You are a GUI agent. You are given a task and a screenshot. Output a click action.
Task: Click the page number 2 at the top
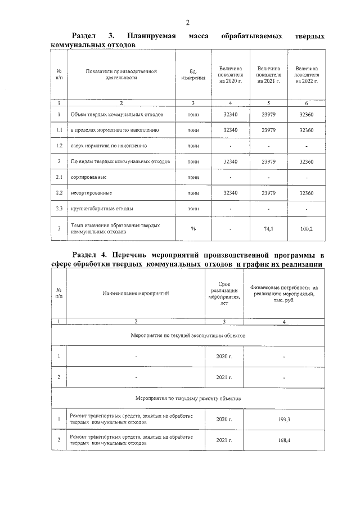[188, 22]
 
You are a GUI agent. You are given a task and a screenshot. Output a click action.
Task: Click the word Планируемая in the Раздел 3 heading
[152, 37]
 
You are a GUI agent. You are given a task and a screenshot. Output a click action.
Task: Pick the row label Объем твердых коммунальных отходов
[117, 115]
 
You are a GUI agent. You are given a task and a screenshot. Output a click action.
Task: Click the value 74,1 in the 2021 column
[268, 229]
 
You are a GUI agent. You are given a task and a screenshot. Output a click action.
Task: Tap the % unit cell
[193, 229]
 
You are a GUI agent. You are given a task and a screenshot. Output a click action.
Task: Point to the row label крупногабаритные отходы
[102, 209]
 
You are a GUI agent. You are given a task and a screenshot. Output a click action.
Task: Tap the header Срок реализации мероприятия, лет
[224, 294]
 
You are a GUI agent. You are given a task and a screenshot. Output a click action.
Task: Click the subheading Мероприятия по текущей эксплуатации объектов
[188, 335]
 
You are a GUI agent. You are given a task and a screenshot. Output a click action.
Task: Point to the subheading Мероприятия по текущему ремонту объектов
[188, 397]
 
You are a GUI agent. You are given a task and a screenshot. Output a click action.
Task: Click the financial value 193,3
[284, 420]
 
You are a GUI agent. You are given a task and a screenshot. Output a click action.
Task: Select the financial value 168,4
[284, 440]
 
